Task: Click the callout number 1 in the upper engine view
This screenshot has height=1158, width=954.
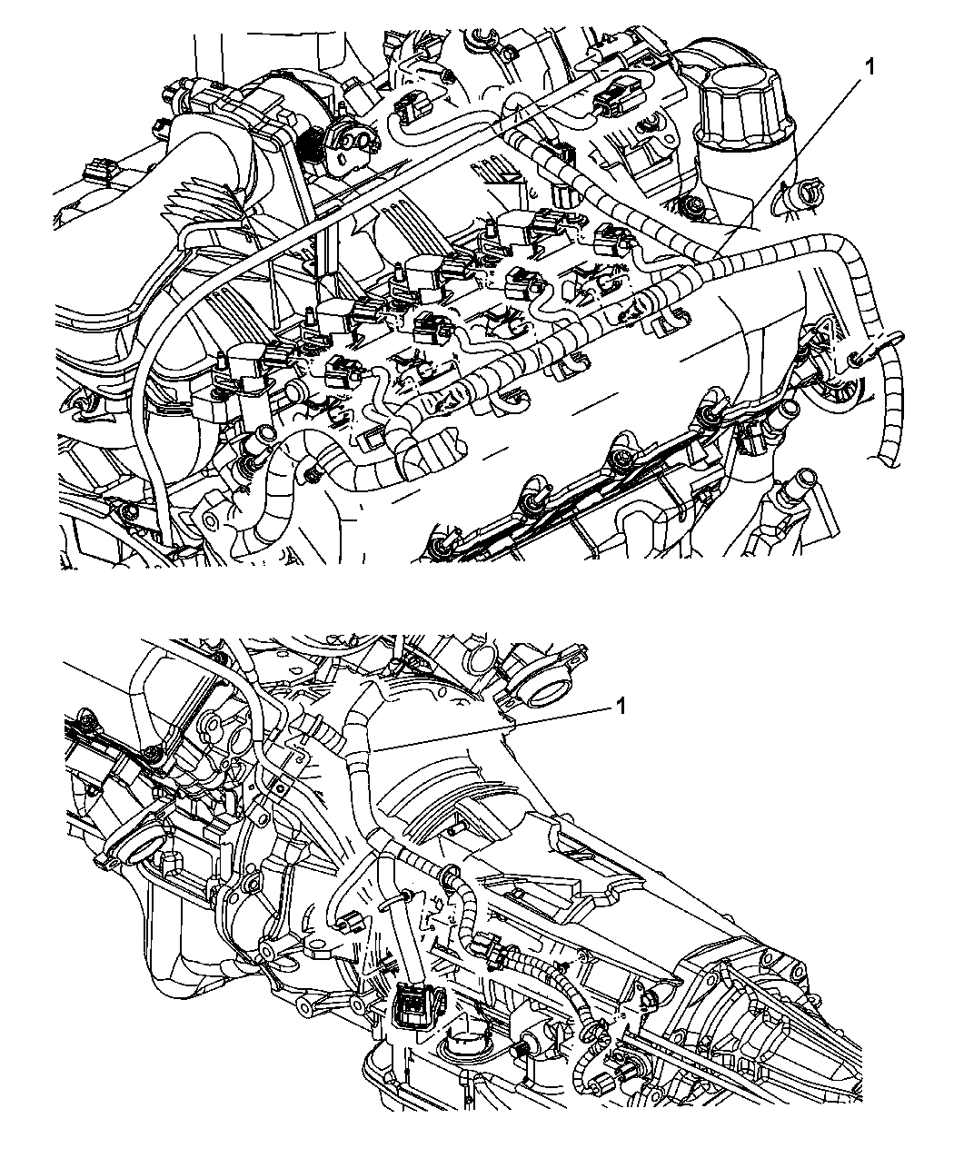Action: [870, 67]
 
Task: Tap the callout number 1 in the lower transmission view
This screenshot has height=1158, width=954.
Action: [621, 706]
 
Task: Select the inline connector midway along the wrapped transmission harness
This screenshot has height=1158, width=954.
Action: [489, 946]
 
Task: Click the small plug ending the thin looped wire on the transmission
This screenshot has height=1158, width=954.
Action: [351, 922]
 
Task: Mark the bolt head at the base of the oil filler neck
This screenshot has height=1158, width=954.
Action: [691, 206]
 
